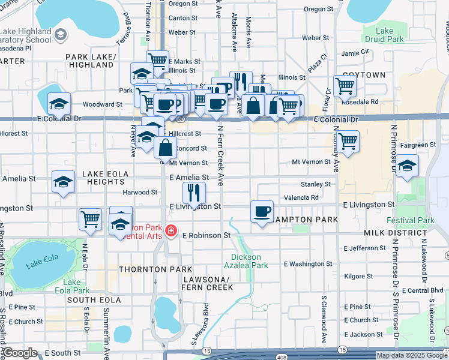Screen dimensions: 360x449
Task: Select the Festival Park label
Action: [410, 220]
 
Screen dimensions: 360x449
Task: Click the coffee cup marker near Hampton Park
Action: [262, 212]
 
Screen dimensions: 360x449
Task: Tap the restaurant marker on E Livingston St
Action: [194, 193]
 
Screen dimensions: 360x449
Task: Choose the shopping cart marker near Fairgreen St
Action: [348, 142]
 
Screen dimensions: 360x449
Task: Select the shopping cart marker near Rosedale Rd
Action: [345, 86]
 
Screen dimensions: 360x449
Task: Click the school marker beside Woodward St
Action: [59, 104]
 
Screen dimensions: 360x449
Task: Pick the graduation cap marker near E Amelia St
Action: [63, 182]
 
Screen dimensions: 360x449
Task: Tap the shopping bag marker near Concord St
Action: [165, 147]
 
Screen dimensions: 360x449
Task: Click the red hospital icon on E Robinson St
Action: [172, 230]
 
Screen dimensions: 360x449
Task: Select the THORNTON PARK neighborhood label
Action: [147, 269]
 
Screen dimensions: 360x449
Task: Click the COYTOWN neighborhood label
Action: [364, 75]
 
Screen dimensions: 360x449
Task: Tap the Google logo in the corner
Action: [20, 353]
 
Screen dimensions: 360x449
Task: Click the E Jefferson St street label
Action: [365, 248]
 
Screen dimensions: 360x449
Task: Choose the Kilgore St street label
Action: [359, 276]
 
